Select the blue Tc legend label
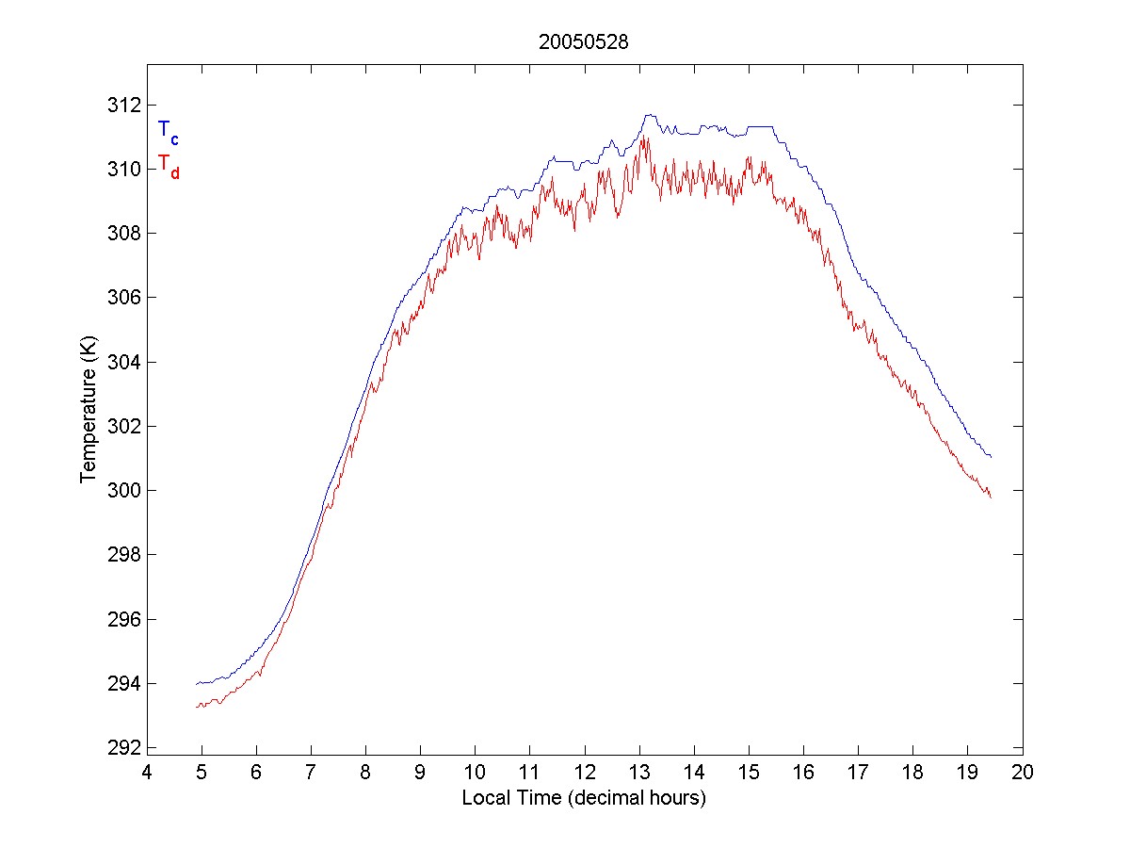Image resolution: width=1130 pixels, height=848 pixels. [168, 132]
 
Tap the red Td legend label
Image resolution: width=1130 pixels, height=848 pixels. [168, 165]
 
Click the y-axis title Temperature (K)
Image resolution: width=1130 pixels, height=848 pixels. [88, 412]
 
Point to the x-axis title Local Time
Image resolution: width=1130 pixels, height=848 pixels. [584, 798]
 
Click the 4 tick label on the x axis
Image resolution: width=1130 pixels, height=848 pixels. [147, 772]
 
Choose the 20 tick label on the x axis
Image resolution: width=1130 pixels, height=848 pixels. [1024, 772]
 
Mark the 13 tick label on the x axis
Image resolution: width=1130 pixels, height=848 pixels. [639, 772]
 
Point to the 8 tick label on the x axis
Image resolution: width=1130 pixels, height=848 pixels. [365, 772]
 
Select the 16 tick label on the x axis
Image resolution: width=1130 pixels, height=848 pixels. [804, 772]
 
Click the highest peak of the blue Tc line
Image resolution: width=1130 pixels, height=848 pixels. [648, 115]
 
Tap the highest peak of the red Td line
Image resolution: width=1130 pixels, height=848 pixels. [644, 139]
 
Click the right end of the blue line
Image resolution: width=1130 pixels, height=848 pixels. [992, 457]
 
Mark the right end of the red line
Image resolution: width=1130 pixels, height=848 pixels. [991, 497]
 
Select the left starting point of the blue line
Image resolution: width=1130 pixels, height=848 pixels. [196, 683]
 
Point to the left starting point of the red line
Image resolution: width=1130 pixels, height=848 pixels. [196, 707]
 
